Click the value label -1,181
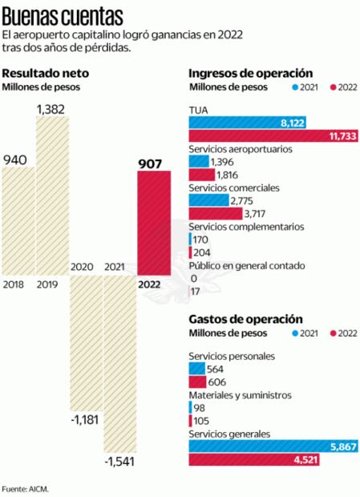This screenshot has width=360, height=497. (84, 420)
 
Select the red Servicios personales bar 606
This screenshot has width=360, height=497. (197, 382)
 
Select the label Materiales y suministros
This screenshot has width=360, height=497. (239, 395)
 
